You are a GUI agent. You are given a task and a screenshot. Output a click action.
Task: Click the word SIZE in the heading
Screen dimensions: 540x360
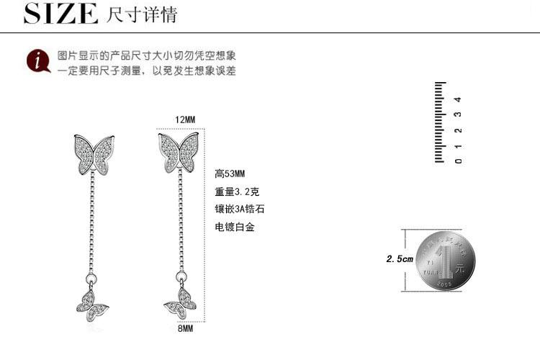(x=60, y=14)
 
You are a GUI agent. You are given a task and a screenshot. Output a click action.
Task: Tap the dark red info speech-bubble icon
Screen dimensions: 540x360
(x=38, y=61)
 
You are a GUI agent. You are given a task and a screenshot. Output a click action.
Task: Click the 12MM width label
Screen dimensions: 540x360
(x=185, y=120)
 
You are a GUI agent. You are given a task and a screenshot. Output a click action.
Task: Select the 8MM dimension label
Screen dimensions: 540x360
(x=185, y=328)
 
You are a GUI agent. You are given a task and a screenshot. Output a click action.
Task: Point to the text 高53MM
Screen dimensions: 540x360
(x=230, y=174)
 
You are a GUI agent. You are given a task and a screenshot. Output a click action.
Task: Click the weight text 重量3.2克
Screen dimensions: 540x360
(x=237, y=192)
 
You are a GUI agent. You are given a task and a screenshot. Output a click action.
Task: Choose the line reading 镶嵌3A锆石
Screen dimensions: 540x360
(x=239, y=209)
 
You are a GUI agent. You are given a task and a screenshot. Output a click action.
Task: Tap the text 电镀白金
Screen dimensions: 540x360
(x=235, y=227)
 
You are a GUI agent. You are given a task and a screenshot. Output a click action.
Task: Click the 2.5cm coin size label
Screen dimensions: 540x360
(x=400, y=259)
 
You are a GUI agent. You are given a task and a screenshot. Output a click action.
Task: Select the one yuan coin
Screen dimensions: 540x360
(x=446, y=261)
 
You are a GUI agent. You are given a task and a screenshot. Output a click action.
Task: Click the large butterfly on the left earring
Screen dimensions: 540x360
(x=94, y=154)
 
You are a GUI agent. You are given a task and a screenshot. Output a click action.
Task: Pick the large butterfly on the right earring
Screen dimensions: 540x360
(x=179, y=152)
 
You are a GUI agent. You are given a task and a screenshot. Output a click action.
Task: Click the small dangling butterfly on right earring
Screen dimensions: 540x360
(x=180, y=303)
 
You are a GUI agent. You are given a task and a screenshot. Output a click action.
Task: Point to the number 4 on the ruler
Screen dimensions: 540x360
(x=458, y=99)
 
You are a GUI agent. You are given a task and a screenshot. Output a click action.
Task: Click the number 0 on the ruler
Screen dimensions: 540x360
(x=458, y=161)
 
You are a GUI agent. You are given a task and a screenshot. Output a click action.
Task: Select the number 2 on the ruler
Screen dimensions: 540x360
(x=458, y=130)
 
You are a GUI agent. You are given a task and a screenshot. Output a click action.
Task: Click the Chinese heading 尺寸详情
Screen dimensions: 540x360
(x=142, y=14)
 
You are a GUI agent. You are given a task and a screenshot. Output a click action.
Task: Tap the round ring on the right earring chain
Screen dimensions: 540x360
(x=181, y=276)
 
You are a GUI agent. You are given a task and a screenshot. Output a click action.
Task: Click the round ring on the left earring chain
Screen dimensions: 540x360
(x=91, y=279)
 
